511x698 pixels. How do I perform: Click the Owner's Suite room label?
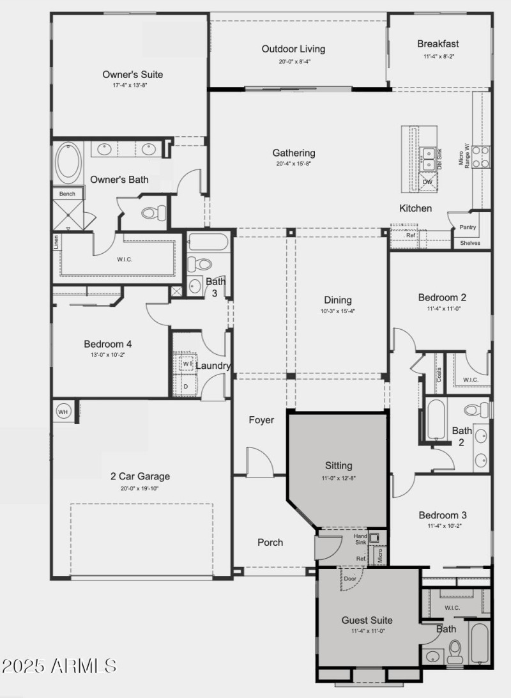pyautogui.click(x=132, y=74)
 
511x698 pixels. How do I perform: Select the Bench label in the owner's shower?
pyautogui.click(x=67, y=194)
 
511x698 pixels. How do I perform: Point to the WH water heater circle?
pyautogui.click(x=63, y=412)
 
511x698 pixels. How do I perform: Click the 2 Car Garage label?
pyautogui.click(x=140, y=476)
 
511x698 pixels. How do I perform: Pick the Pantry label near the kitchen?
pyautogui.click(x=468, y=227)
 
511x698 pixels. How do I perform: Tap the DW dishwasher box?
pyautogui.click(x=427, y=182)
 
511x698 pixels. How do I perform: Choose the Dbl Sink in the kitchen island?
pyautogui.click(x=432, y=157)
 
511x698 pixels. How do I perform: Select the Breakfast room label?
pyautogui.click(x=438, y=44)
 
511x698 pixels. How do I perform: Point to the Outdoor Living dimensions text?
pyautogui.click(x=294, y=62)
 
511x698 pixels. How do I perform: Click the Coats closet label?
pyautogui.click(x=439, y=375)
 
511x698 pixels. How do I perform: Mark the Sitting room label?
pyautogui.click(x=339, y=465)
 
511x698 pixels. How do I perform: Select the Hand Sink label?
pyautogui.click(x=361, y=539)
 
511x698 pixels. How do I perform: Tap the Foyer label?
pyautogui.click(x=261, y=420)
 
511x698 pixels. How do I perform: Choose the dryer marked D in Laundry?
pyautogui.click(x=186, y=387)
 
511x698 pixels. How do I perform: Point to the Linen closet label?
pyautogui.click(x=56, y=242)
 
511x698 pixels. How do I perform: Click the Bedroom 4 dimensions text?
pyautogui.click(x=108, y=354)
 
